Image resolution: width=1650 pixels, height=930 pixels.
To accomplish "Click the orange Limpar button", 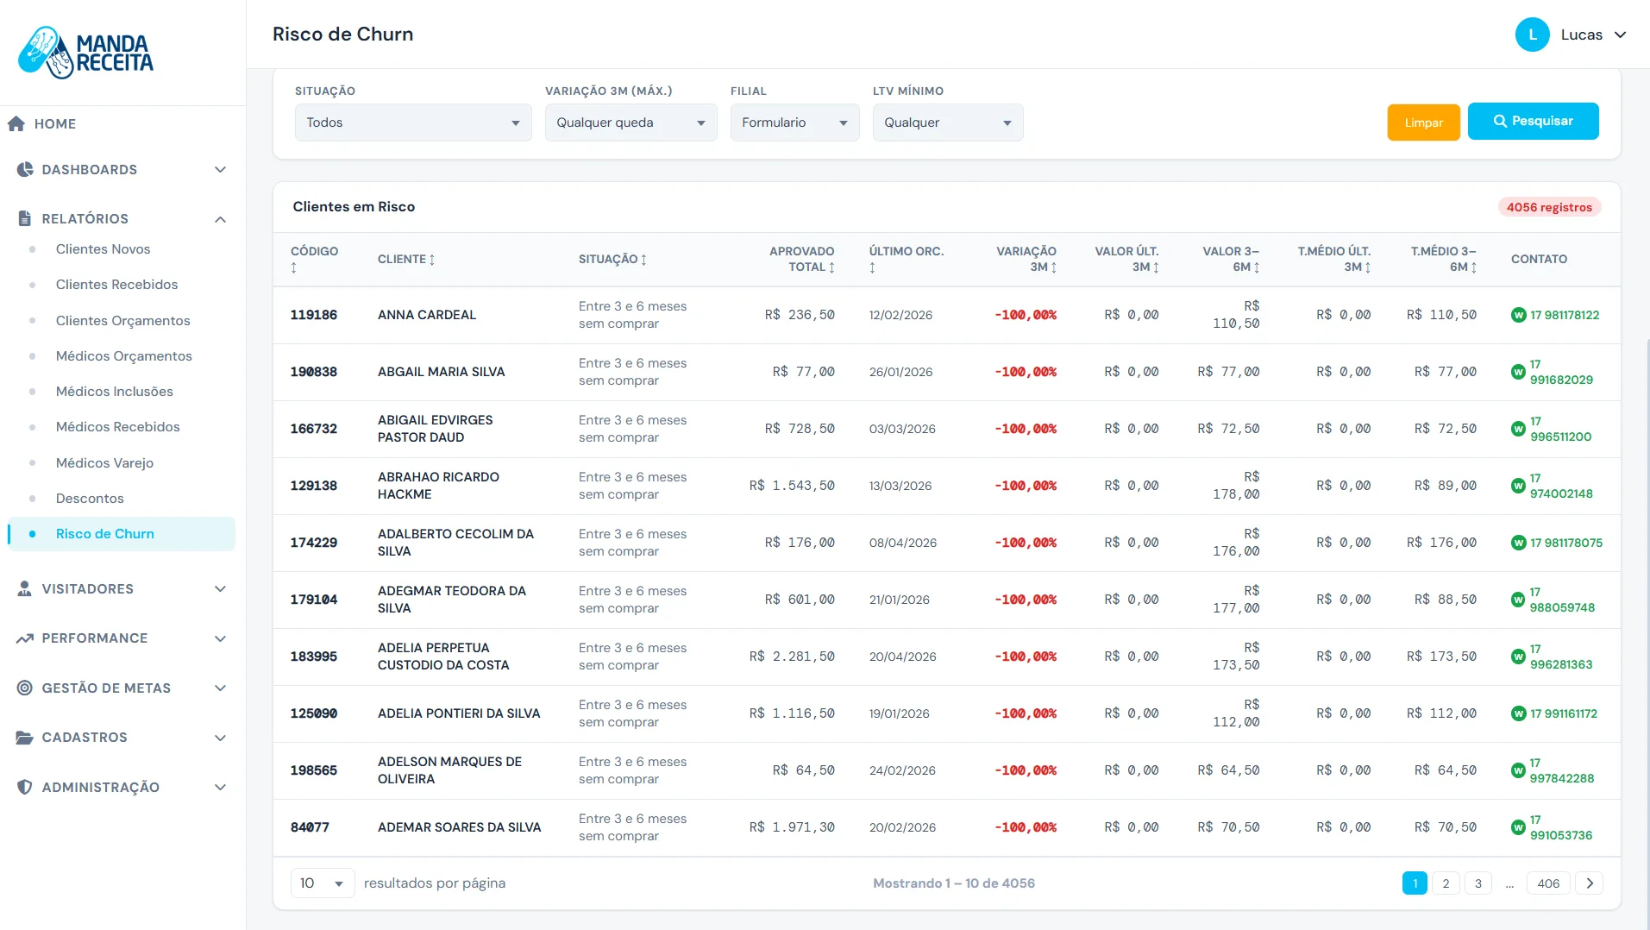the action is tap(1423, 123).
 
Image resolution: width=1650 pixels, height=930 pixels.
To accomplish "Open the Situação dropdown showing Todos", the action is tap(413, 123).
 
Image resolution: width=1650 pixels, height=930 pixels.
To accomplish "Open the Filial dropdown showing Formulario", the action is tap(794, 123).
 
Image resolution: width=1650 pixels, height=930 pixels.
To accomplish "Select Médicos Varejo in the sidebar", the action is tap(104, 462).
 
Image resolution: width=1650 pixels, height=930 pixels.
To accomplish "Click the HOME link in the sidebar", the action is tap(55, 124).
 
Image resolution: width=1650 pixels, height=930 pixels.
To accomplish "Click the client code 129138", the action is tap(314, 486).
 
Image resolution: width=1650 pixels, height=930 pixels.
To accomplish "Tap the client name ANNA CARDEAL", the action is tap(427, 315).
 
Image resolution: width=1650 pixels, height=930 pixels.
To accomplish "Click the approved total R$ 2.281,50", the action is tap(792, 657).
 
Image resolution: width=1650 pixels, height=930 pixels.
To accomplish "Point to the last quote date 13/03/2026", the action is tap(900, 486).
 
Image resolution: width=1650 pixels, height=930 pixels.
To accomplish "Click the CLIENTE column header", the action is tap(406, 259).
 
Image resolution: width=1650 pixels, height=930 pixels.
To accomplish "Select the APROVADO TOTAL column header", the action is tap(801, 259).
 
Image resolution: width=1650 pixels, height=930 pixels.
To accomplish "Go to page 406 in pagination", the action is tap(1548, 883).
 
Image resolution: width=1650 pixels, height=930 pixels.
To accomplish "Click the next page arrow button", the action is tap(1590, 883).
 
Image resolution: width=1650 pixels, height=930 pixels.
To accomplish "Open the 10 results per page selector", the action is tap(323, 883).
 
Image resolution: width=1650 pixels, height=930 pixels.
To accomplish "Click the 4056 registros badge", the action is tap(1549, 207).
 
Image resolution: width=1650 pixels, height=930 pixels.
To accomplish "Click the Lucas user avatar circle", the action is tap(1533, 35).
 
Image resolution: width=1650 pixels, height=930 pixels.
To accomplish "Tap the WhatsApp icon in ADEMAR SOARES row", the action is tap(1519, 827).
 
